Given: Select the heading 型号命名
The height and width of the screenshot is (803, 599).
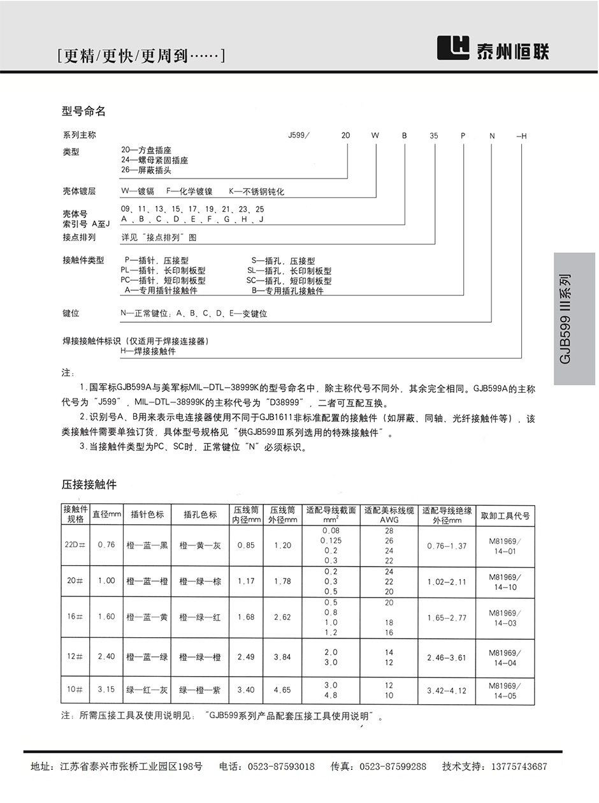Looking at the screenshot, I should coord(83,112).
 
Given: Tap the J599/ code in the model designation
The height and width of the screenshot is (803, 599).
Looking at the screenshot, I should coord(299,136).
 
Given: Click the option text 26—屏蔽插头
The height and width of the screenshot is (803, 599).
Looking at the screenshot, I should coord(146,170).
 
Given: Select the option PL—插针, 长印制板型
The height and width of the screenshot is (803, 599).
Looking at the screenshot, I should coord(163,270).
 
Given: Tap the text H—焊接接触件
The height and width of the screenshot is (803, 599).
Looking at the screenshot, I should coord(148,351).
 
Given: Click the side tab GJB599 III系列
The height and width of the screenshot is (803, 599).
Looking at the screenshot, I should coord(566,318).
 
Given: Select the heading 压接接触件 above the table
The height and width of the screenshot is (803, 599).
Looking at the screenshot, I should coord(89,484).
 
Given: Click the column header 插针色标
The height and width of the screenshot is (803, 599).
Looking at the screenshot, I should coord(147,515).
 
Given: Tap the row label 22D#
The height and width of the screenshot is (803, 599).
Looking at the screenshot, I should coord(75,545).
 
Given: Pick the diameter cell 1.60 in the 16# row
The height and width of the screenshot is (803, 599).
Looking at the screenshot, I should coord(106,617).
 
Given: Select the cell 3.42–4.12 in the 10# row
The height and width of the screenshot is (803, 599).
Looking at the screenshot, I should coord(447,690).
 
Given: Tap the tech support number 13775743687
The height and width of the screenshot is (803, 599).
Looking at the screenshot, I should coord(512,767).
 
